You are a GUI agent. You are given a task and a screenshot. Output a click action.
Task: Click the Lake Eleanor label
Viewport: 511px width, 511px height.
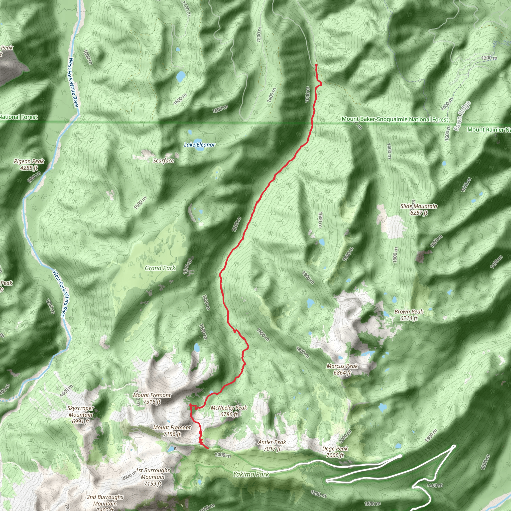pos(199,145)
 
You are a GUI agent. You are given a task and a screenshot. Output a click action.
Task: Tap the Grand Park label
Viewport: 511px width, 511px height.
pos(160,268)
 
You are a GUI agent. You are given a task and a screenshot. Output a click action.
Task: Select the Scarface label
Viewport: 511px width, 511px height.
pos(163,160)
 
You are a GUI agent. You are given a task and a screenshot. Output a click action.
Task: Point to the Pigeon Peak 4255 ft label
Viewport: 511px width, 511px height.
pos(29,164)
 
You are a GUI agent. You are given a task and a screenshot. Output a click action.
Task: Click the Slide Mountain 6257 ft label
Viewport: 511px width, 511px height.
pos(419,209)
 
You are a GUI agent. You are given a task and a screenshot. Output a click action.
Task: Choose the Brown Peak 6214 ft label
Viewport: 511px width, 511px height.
pos(409,315)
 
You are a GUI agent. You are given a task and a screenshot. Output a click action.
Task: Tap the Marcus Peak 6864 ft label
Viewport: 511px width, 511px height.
pos(342,369)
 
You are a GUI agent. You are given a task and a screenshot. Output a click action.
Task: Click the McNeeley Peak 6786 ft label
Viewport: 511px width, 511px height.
pos(229,411)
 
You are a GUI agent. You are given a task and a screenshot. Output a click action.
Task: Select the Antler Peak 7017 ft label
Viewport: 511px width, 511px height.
pos(272,445)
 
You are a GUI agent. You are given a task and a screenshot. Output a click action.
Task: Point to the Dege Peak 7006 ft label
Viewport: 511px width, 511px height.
pos(335,452)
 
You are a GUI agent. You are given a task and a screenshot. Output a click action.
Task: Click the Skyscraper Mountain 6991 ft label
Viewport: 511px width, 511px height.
pos(80,415)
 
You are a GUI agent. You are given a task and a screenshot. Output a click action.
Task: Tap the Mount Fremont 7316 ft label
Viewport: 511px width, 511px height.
pos(152,398)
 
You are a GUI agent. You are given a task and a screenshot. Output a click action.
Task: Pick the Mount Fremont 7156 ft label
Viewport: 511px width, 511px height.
pos(172,431)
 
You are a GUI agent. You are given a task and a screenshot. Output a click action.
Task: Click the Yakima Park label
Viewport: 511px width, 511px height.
pos(251,474)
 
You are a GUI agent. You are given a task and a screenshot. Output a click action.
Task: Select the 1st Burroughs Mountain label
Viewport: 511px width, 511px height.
pos(153,477)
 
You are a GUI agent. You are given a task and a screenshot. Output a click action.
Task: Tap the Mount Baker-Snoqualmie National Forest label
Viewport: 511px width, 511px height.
pos(395,119)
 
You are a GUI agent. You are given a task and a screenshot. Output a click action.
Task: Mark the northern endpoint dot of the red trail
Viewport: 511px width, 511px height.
pos(316,65)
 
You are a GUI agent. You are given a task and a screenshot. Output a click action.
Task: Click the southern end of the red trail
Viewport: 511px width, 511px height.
pos(208,448)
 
